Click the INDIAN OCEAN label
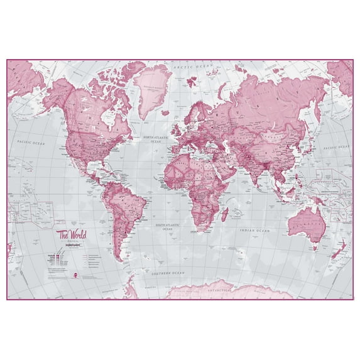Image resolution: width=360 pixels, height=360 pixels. coord(254,231)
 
